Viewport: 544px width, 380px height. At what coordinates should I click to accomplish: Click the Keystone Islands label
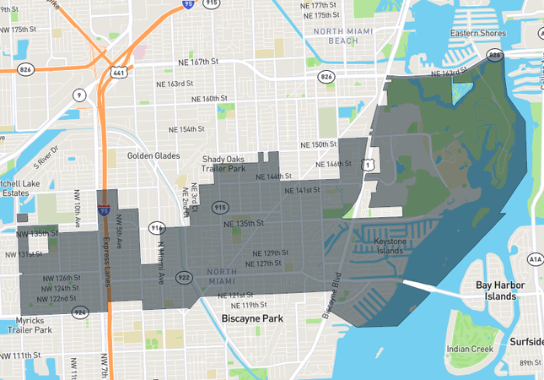[390, 246]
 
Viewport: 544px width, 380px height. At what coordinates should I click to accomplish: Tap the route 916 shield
[155, 227]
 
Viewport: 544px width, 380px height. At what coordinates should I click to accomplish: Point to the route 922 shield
[184, 276]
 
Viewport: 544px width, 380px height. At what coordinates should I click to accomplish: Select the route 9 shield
[78, 95]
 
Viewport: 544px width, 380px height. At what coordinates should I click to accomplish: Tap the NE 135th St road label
[244, 224]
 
